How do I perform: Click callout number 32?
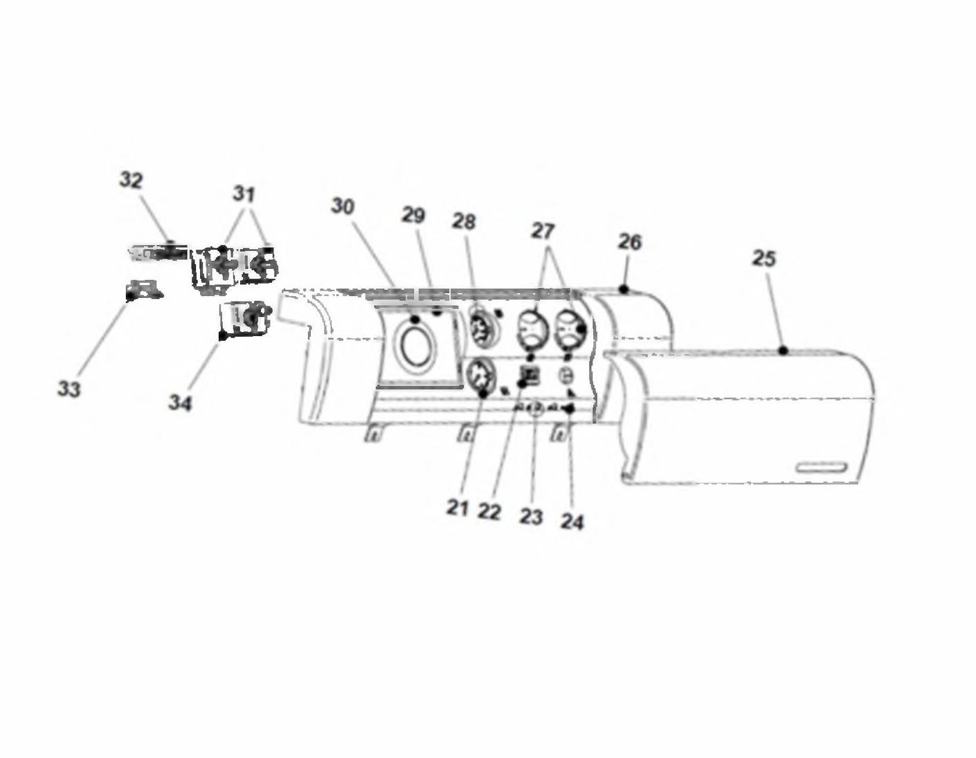(x=131, y=181)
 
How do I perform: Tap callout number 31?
(x=244, y=194)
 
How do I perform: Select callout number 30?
(x=343, y=206)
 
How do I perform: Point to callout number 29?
(x=413, y=215)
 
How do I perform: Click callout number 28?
(x=464, y=221)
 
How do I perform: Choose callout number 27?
(x=543, y=232)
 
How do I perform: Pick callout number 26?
(x=630, y=242)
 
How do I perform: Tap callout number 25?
(x=764, y=259)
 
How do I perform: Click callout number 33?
(x=69, y=389)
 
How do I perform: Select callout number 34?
(x=180, y=403)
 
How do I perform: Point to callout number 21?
(x=458, y=508)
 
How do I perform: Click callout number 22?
(x=489, y=511)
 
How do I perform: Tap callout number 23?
(x=532, y=517)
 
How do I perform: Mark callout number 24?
(x=572, y=522)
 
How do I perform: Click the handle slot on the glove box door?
(x=822, y=468)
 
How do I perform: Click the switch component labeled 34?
(x=245, y=320)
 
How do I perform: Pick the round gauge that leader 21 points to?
(x=481, y=380)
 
